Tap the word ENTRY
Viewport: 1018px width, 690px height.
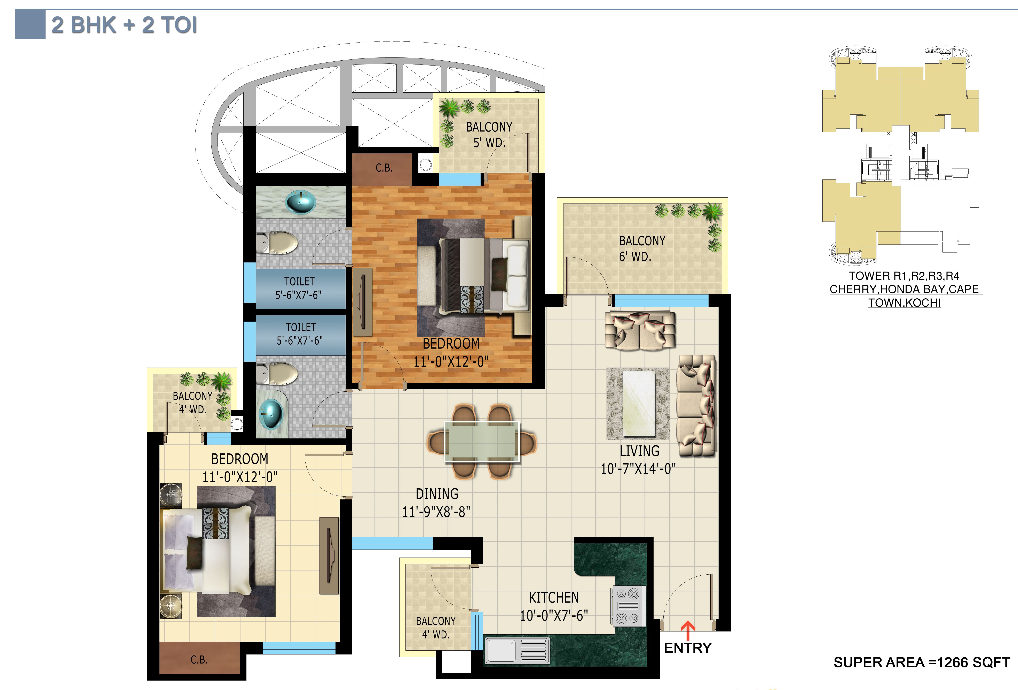[688, 648]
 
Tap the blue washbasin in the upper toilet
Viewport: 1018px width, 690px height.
[300, 202]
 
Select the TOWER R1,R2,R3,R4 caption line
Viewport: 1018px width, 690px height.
[904, 276]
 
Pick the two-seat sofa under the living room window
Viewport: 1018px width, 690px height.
[640, 331]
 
